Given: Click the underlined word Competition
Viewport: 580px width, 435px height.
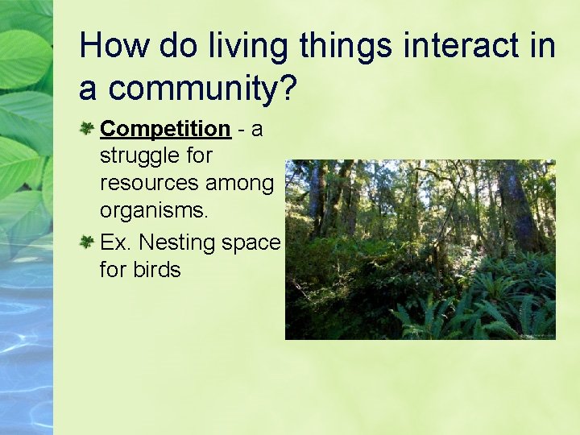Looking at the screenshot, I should point(165,129).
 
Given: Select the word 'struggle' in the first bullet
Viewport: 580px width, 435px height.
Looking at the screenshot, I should point(137,156).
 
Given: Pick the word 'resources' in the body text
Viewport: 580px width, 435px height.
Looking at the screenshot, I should point(149,184).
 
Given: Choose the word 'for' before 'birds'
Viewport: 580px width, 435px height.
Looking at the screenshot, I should point(114,270).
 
